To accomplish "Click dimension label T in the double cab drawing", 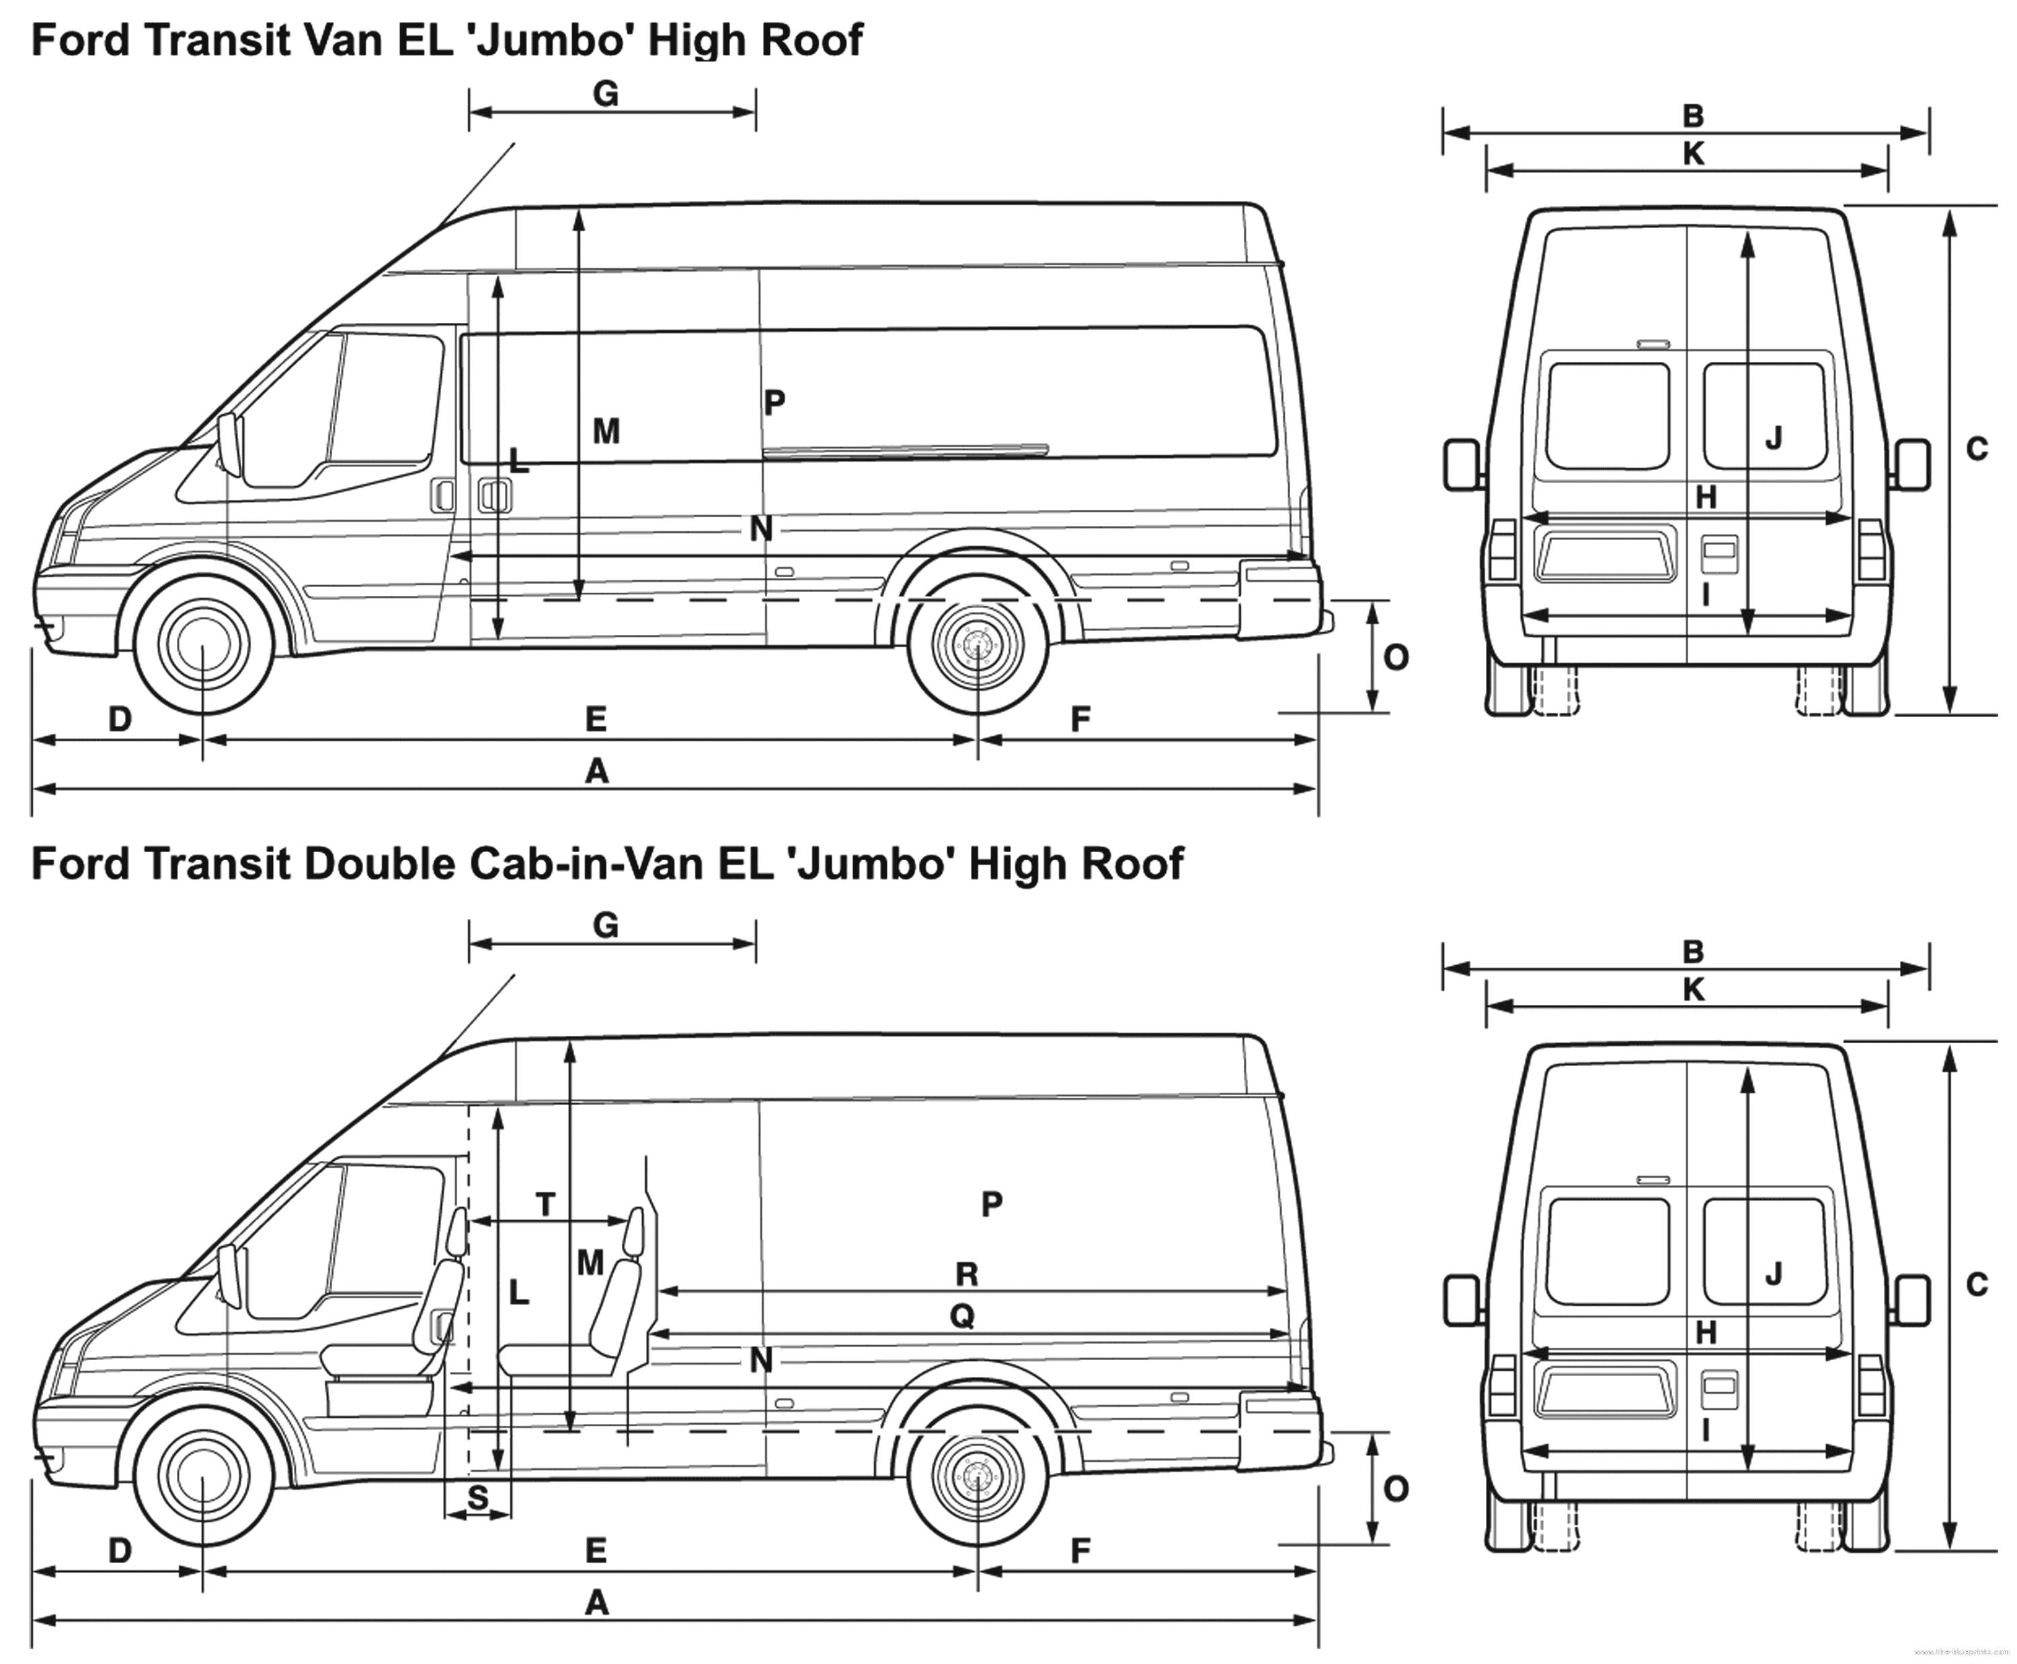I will click(545, 1204).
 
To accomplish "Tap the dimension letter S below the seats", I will click(477, 1497).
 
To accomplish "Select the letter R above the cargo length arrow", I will click(967, 1275).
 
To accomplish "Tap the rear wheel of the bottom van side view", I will click(978, 1477).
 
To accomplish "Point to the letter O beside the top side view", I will click(1396, 658).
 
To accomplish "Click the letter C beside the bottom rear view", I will click(1977, 1285).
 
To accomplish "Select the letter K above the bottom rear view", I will click(1693, 990).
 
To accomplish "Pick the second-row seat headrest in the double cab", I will click(633, 1232).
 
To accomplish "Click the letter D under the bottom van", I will click(120, 1551).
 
